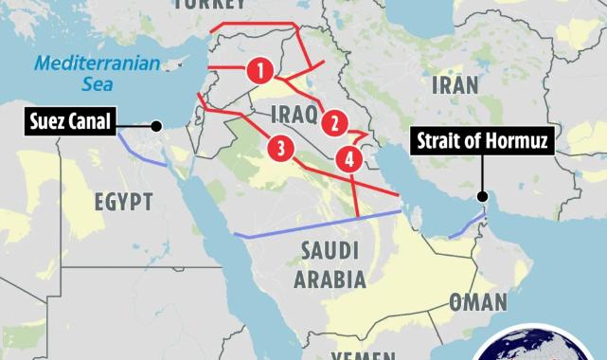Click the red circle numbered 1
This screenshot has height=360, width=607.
(260, 69)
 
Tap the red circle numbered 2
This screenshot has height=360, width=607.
(333, 121)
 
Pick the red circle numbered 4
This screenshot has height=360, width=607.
(350, 159)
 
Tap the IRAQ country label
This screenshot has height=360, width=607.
(291, 116)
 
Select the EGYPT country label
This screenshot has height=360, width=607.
(123, 202)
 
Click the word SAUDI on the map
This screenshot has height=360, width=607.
(330, 251)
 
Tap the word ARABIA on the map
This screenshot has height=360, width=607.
(330, 279)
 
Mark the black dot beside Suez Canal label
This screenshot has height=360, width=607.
(155, 125)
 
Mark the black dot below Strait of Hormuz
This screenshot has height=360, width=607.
(483, 199)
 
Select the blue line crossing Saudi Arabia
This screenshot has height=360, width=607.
(312, 225)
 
